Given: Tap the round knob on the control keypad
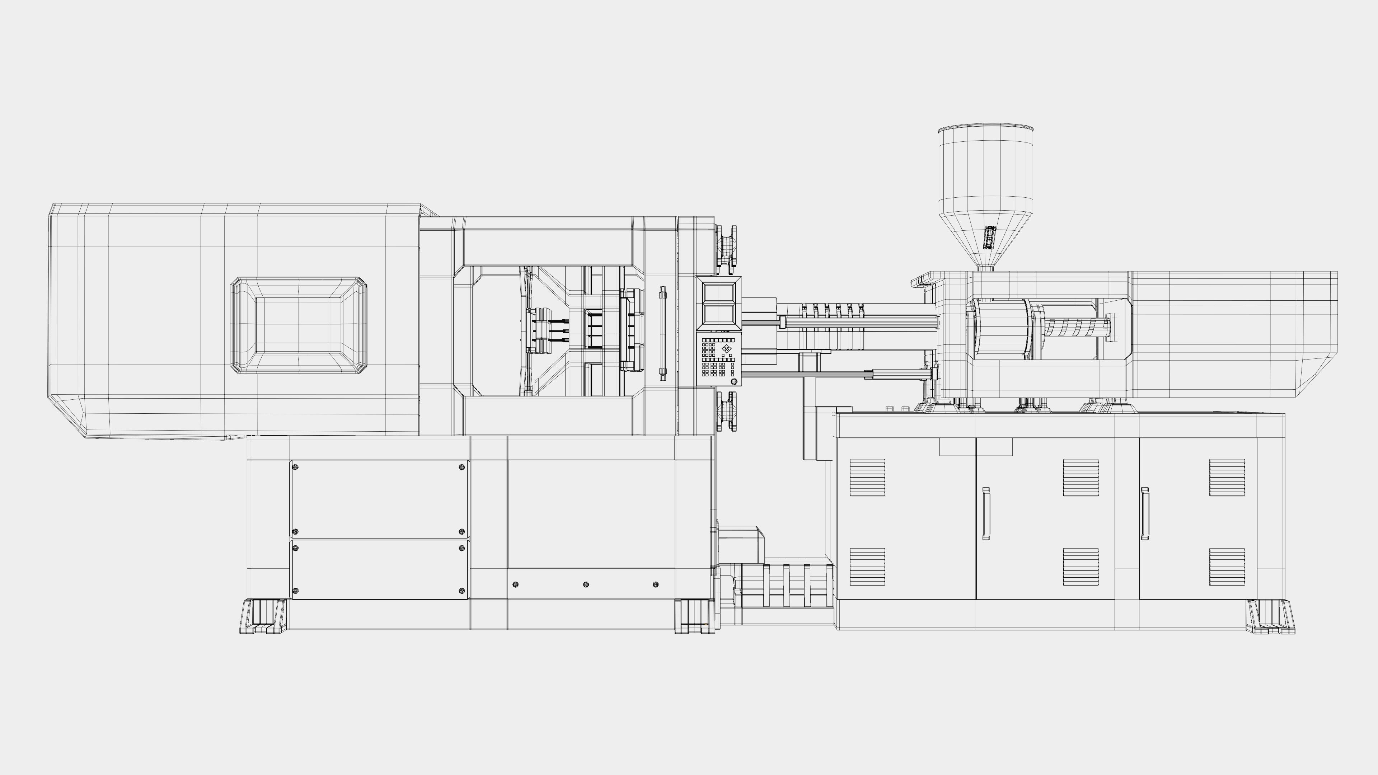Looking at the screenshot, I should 733,381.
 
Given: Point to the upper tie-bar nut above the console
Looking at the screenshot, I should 726,246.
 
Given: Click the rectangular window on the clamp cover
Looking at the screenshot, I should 299,325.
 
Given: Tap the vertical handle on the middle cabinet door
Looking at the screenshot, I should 986,513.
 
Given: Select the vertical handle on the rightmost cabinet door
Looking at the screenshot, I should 1145,513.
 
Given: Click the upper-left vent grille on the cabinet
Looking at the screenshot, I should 867,477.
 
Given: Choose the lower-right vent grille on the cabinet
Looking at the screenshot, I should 1227,567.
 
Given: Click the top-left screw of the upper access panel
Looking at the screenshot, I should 296,467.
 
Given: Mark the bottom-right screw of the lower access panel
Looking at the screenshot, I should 462,591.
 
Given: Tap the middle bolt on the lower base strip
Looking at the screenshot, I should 586,584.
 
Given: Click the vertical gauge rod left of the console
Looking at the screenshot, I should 663,333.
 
